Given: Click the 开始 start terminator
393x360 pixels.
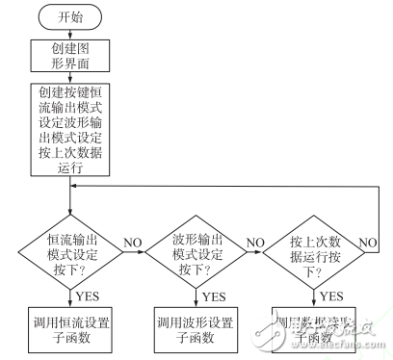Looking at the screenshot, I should tap(71, 16).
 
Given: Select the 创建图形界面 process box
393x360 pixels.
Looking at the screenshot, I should tap(71, 57).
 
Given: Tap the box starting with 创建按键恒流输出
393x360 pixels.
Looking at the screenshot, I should tap(71, 127).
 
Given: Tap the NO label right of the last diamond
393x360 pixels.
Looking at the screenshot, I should tap(369, 242).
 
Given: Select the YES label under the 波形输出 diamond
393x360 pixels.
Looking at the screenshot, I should tap(214, 296).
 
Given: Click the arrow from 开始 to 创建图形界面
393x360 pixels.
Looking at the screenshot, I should tap(71, 34).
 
